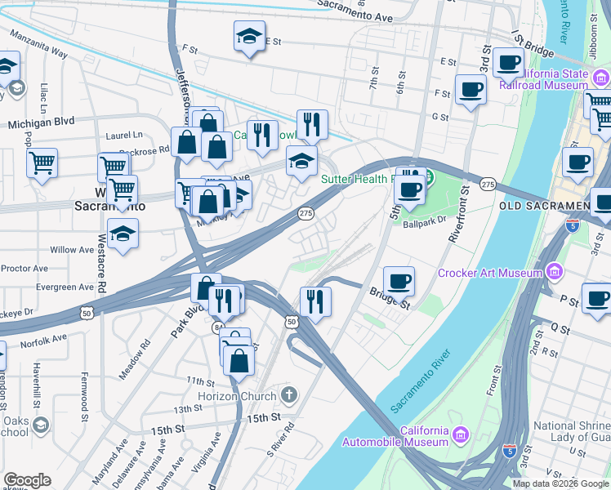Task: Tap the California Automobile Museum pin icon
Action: click(460, 433)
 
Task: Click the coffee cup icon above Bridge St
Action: click(399, 281)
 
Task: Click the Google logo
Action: click(27, 480)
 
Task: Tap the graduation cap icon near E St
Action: click(249, 36)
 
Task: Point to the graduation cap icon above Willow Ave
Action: click(123, 234)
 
